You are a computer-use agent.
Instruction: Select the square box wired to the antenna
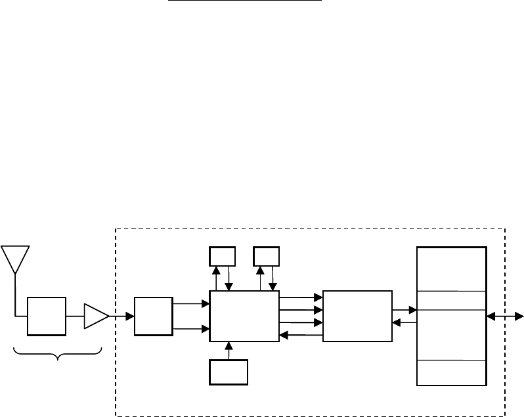pos(47,316)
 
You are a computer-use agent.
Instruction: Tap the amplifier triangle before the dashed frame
pos(95,317)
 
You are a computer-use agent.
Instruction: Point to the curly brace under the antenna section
pos(58,356)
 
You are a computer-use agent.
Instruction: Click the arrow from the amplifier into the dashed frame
pos(121,317)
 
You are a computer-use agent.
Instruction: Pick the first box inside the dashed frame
pos(153,316)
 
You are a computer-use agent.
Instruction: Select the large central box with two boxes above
pos(244,316)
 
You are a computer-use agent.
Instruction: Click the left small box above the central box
pos(222,255)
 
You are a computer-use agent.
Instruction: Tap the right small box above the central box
pos(266,255)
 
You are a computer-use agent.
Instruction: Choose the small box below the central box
pos(229,372)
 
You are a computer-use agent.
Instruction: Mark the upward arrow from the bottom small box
pos(229,351)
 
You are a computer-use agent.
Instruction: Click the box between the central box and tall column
pos(357,316)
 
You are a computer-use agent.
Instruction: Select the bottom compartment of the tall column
pos(452,373)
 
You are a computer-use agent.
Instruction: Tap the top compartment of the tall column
pos(452,269)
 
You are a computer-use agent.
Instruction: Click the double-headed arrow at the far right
pos(505,317)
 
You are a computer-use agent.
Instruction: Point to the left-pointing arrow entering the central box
pos(301,335)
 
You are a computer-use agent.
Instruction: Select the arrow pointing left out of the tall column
pos(404,322)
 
